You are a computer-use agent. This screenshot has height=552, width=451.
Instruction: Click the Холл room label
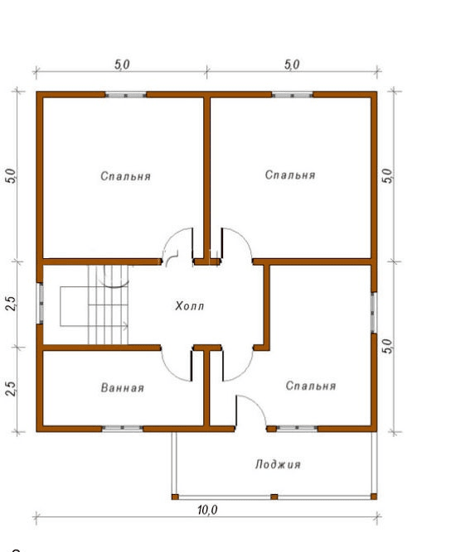click(x=189, y=305)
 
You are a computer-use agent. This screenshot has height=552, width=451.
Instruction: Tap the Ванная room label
click(x=123, y=387)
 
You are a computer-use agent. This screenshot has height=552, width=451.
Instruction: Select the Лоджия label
click(x=278, y=464)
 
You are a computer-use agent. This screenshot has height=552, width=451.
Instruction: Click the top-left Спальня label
click(x=125, y=176)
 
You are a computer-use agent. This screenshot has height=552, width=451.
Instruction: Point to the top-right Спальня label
click(x=290, y=175)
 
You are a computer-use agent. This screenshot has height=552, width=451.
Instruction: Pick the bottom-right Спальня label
click(x=310, y=386)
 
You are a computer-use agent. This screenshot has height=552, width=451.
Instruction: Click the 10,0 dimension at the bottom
click(x=207, y=510)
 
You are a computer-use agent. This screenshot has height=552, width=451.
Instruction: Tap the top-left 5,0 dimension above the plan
click(x=122, y=65)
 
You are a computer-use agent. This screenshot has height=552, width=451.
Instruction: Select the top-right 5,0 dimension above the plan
click(x=292, y=65)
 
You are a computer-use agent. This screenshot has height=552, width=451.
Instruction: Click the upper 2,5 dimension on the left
click(x=12, y=303)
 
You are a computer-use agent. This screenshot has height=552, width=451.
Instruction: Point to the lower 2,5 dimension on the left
click(x=12, y=389)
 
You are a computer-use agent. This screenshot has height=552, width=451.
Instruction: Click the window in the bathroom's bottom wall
click(x=123, y=429)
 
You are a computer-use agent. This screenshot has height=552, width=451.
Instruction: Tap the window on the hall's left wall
click(x=40, y=303)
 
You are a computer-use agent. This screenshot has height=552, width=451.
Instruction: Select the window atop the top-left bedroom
click(x=126, y=94)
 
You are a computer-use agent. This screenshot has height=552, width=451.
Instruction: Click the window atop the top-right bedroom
click(x=293, y=94)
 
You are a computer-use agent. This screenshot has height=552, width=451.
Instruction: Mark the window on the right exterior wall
click(x=374, y=312)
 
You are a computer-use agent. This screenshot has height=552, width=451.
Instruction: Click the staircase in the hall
click(x=108, y=305)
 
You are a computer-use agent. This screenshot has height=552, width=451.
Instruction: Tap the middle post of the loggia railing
click(x=274, y=497)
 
